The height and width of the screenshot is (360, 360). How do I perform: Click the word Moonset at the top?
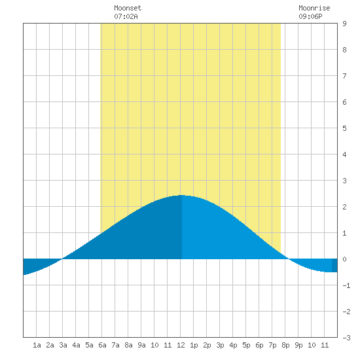point(128,8)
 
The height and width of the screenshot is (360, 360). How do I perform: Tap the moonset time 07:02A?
point(126,16)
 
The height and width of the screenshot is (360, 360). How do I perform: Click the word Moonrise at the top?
point(314,8)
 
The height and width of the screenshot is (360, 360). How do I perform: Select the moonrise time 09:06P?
point(310,16)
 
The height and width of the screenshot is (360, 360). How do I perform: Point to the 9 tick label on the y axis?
point(344,24)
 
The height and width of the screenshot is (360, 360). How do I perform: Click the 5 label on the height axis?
point(344,128)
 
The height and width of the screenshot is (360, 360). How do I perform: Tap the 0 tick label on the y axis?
point(344,259)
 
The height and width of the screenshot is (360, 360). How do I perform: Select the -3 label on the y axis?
point(346,338)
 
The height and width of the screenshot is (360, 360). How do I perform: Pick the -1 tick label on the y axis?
point(346,285)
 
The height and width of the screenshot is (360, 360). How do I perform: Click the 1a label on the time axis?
point(37,345)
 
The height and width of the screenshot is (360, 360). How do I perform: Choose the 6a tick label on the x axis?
point(102,345)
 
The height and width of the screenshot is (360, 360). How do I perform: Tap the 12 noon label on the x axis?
point(181,345)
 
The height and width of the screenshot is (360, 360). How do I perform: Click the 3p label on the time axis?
point(220,345)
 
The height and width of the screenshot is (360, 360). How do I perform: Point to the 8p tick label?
point(285,345)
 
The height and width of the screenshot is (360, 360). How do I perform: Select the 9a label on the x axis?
point(141,345)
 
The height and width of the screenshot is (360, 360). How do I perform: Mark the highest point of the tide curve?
point(181,195)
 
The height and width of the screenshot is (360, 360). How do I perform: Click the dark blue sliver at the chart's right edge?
point(334,265)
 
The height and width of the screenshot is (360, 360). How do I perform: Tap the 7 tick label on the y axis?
point(344,76)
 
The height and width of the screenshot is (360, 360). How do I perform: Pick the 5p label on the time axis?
point(246,345)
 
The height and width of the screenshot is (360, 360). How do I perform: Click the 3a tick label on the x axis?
point(63,345)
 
